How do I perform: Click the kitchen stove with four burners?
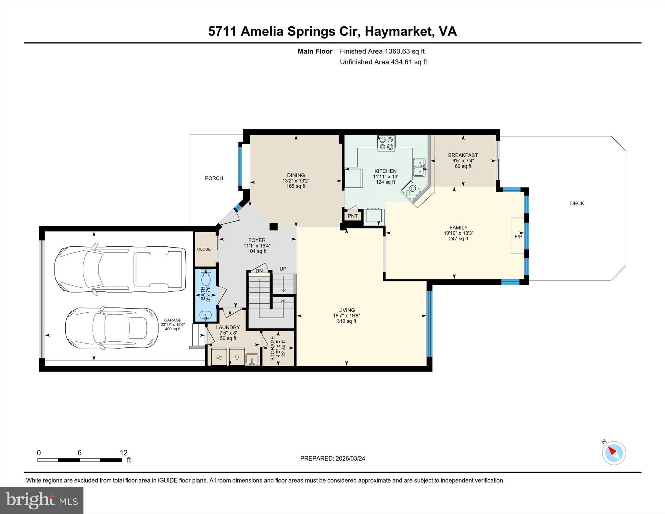click(386, 143)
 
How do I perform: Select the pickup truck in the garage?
click(120, 269)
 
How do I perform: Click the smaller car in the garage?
click(112, 328)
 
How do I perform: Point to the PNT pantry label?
click(353, 216)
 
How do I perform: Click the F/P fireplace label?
click(519, 236)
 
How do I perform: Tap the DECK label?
click(577, 204)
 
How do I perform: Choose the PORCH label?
click(214, 178)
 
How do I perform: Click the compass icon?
click(614, 453)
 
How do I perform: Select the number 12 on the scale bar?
click(123, 453)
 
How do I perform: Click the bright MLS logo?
click(42, 500)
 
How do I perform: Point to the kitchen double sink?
click(419, 168)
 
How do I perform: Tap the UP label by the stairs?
click(283, 269)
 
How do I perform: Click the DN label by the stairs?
click(259, 271)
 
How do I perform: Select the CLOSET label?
click(205, 249)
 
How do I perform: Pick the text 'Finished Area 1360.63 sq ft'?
click(382, 51)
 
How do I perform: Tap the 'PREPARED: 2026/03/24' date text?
click(332, 458)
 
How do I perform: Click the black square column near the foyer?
click(274, 226)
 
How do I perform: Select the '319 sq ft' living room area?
click(346, 321)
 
